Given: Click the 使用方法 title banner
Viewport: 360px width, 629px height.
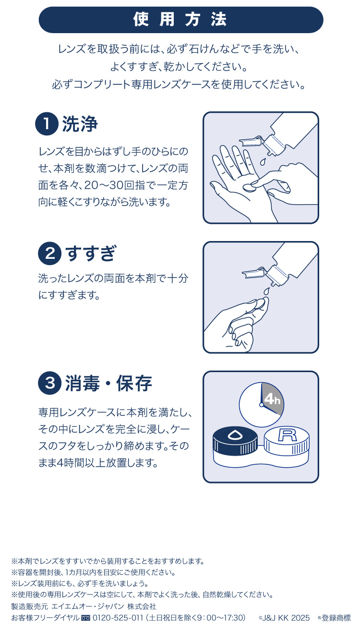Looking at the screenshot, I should (x=180, y=20).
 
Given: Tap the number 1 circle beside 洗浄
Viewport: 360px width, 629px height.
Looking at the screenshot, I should (x=47, y=124).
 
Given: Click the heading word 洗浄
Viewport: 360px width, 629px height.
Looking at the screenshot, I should (x=80, y=124).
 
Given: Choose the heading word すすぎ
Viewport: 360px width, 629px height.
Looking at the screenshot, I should (x=91, y=254).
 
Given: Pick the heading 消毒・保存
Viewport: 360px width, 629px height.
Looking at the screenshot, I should (x=108, y=384).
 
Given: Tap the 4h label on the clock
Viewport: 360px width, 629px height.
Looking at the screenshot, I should (x=271, y=399).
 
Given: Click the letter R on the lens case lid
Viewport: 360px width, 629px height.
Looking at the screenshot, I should (x=287, y=436).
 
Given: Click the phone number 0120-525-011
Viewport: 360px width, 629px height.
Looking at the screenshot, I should (x=118, y=617).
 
